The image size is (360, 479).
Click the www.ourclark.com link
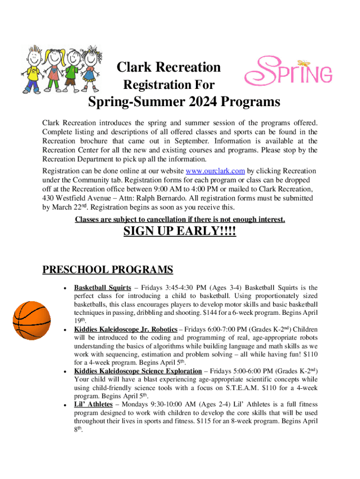pos(216,170)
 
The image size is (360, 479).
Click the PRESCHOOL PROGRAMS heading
pos(108,270)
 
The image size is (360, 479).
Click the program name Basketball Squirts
pos(102,288)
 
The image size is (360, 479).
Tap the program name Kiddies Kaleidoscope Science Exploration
pos(138,371)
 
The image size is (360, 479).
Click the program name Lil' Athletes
pos(94,404)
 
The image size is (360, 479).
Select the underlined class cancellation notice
pos(180,219)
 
